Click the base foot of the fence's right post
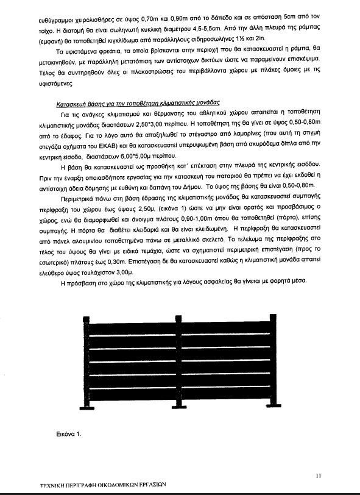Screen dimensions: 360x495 click(x=271, y=404)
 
